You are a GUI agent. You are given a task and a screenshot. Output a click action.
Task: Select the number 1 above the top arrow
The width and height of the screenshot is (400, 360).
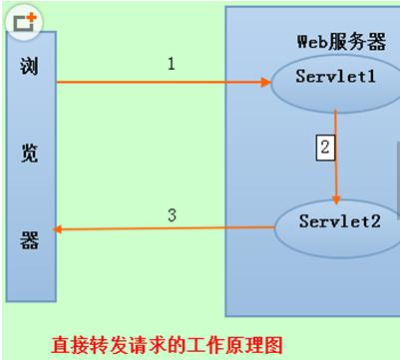pyautogui.click(x=171, y=64)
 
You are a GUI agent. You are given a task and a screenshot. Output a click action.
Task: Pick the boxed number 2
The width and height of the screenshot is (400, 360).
pyautogui.click(x=324, y=148)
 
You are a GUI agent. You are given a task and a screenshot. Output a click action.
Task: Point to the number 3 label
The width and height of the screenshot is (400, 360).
pyautogui.click(x=172, y=215)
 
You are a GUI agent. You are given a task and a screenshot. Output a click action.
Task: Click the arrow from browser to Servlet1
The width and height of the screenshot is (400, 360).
pyautogui.click(x=160, y=83)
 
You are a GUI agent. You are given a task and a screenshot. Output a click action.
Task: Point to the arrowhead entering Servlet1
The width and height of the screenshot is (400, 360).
pyautogui.click(x=265, y=83)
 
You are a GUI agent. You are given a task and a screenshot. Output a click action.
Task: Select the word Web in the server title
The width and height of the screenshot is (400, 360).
pyautogui.click(x=311, y=42)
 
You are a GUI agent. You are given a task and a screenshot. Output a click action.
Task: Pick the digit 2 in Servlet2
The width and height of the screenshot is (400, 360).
pyautogui.click(x=375, y=220)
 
